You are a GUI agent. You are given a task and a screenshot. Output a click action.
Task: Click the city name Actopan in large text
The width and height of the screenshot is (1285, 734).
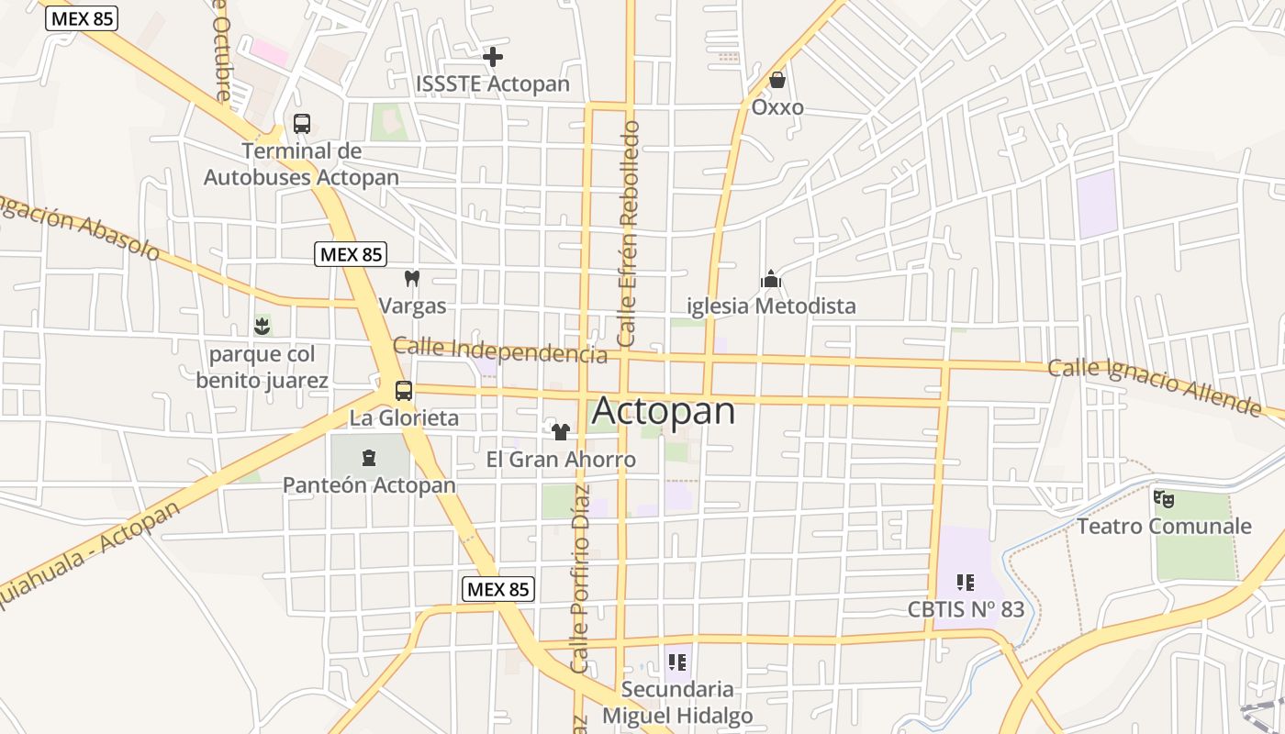[665, 411]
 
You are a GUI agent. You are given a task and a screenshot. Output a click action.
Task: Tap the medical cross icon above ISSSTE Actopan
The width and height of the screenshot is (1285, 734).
[493, 57]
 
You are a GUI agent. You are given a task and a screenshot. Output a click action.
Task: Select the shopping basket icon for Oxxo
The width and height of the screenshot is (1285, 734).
[777, 81]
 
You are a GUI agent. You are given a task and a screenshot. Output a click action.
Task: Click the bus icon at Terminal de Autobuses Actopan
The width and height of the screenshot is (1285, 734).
[301, 123]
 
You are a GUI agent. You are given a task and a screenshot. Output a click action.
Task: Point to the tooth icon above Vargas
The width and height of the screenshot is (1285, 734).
[412, 278]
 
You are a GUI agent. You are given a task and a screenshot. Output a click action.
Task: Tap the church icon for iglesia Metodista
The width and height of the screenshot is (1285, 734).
[771, 278]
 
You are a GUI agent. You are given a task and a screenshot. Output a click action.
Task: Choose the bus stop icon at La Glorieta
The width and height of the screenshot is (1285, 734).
[404, 391]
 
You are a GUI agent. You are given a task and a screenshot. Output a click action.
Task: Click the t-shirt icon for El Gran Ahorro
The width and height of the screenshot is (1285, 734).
[561, 431]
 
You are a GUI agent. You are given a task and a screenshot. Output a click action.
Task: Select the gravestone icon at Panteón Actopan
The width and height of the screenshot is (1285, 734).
[369, 457]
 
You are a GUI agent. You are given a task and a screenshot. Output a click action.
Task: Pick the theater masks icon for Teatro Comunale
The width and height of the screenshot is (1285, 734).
[1164, 499]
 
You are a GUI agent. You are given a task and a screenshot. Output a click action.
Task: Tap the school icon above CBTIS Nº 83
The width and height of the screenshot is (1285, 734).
[966, 582]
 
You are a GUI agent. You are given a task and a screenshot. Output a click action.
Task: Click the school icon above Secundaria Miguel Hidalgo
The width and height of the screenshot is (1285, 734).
[677, 662]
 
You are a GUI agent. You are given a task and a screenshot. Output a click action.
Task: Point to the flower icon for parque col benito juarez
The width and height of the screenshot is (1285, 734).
[262, 326]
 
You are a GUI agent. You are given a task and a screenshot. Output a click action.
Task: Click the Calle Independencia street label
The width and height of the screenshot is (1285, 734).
[500, 350]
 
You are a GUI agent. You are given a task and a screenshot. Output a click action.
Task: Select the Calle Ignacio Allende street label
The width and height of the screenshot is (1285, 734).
[1155, 384]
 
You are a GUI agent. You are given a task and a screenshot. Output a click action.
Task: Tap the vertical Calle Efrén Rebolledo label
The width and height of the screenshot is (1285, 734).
[629, 233]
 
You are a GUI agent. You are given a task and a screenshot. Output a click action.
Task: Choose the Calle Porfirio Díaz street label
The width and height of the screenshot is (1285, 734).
[579, 591]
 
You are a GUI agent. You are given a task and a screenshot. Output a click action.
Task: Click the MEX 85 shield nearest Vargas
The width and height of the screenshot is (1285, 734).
[350, 254]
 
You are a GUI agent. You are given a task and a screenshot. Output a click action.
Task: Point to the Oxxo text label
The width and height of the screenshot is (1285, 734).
[777, 107]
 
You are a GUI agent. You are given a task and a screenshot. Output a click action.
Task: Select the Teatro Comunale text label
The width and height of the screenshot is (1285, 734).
[1164, 526]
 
